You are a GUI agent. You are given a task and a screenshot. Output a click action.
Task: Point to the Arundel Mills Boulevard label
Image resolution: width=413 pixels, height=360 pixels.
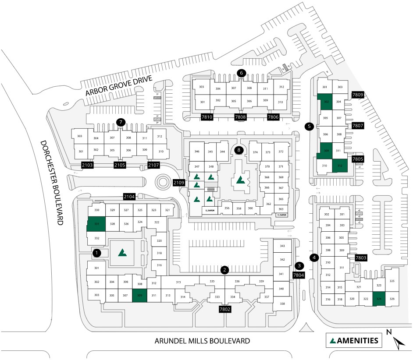(203, 341)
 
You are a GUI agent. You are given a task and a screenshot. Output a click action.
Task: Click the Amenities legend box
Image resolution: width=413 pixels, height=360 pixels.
(354, 340)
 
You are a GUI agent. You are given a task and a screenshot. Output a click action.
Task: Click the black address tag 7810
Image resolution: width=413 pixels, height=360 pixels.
(207, 117)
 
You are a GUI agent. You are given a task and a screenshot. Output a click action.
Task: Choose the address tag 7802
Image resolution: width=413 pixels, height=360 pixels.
(225, 310)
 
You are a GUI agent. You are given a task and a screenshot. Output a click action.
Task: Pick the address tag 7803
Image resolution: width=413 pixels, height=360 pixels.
(361, 258)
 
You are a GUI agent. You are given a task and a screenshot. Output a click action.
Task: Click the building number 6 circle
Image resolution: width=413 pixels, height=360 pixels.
(241, 73)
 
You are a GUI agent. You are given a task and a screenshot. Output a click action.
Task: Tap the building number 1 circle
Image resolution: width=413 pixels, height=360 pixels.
(97, 253)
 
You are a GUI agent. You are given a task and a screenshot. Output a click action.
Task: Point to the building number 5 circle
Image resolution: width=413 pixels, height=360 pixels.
(309, 127)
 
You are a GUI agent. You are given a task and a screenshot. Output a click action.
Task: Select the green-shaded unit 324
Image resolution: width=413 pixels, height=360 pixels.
(379, 299)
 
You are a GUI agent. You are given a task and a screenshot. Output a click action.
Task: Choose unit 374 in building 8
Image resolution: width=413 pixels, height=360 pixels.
(255, 152)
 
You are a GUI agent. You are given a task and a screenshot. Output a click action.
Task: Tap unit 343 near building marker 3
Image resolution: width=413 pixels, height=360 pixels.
(282, 246)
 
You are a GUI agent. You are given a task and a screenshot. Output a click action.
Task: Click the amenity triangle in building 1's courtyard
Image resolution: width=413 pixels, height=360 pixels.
(123, 252)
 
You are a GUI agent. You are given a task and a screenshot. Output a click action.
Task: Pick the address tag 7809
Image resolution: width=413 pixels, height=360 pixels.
(358, 94)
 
